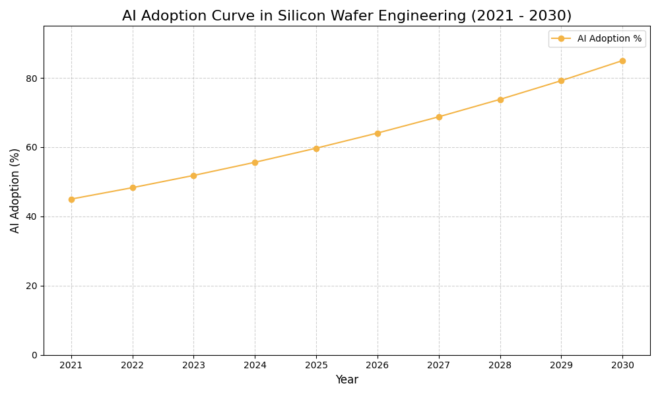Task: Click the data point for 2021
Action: click(x=71, y=199)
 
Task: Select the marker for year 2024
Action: click(x=255, y=162)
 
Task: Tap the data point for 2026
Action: click(x=378, y=133)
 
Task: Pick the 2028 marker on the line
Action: click(x=500, y=100)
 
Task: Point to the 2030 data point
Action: click(x=622, y=61)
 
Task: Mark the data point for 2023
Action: click(x=193, y=176)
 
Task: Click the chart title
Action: click(x=346, y=16)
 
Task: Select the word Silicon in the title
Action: click(x=305, y=16)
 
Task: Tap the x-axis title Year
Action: click(x=346, y=380)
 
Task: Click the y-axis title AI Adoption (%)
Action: click(x=15, y=191)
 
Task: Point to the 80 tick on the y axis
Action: click(x=31, y=79)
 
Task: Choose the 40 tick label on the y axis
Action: click(x=31, y=216)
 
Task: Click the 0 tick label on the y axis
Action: click(x=34, y=355)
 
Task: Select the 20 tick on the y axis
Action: click(x=31, y=286)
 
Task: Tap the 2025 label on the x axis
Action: click(x=316, y=366)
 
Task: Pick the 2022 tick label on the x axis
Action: click(x=133, y=366)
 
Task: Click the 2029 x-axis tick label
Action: click(x=561, y=366)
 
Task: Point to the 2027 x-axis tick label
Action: click(x=439, y=366)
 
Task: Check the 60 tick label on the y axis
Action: click(x=31, y=148)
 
